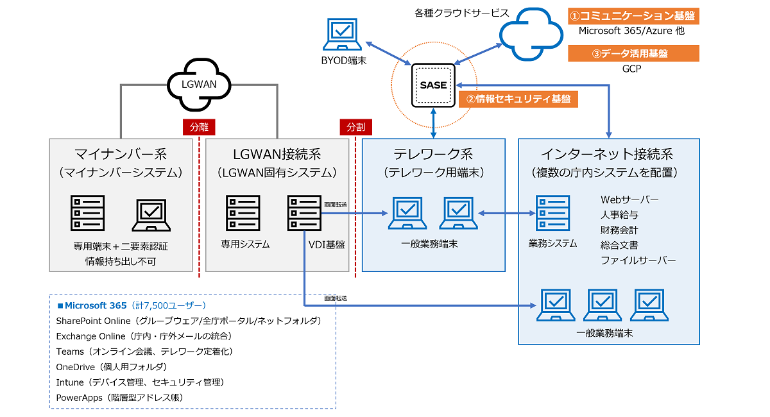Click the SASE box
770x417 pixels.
[x=433, y=85]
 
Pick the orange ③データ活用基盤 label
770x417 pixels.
[x=633, y=53]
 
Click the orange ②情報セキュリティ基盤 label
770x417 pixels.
[x=518, y=99]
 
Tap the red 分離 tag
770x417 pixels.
[x=199, y=127]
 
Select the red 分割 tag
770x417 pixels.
[x=355, y=127]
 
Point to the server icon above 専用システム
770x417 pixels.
[x=243, y=213]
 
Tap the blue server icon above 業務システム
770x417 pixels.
[x=552, y=213]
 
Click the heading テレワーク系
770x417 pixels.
[x=433, y=154]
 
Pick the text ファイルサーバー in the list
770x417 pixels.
[x=638, y=260]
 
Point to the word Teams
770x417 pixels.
[x=70, y=352]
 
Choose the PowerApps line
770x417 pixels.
[x=119, y=398]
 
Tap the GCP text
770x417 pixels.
[x=631, y=69]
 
